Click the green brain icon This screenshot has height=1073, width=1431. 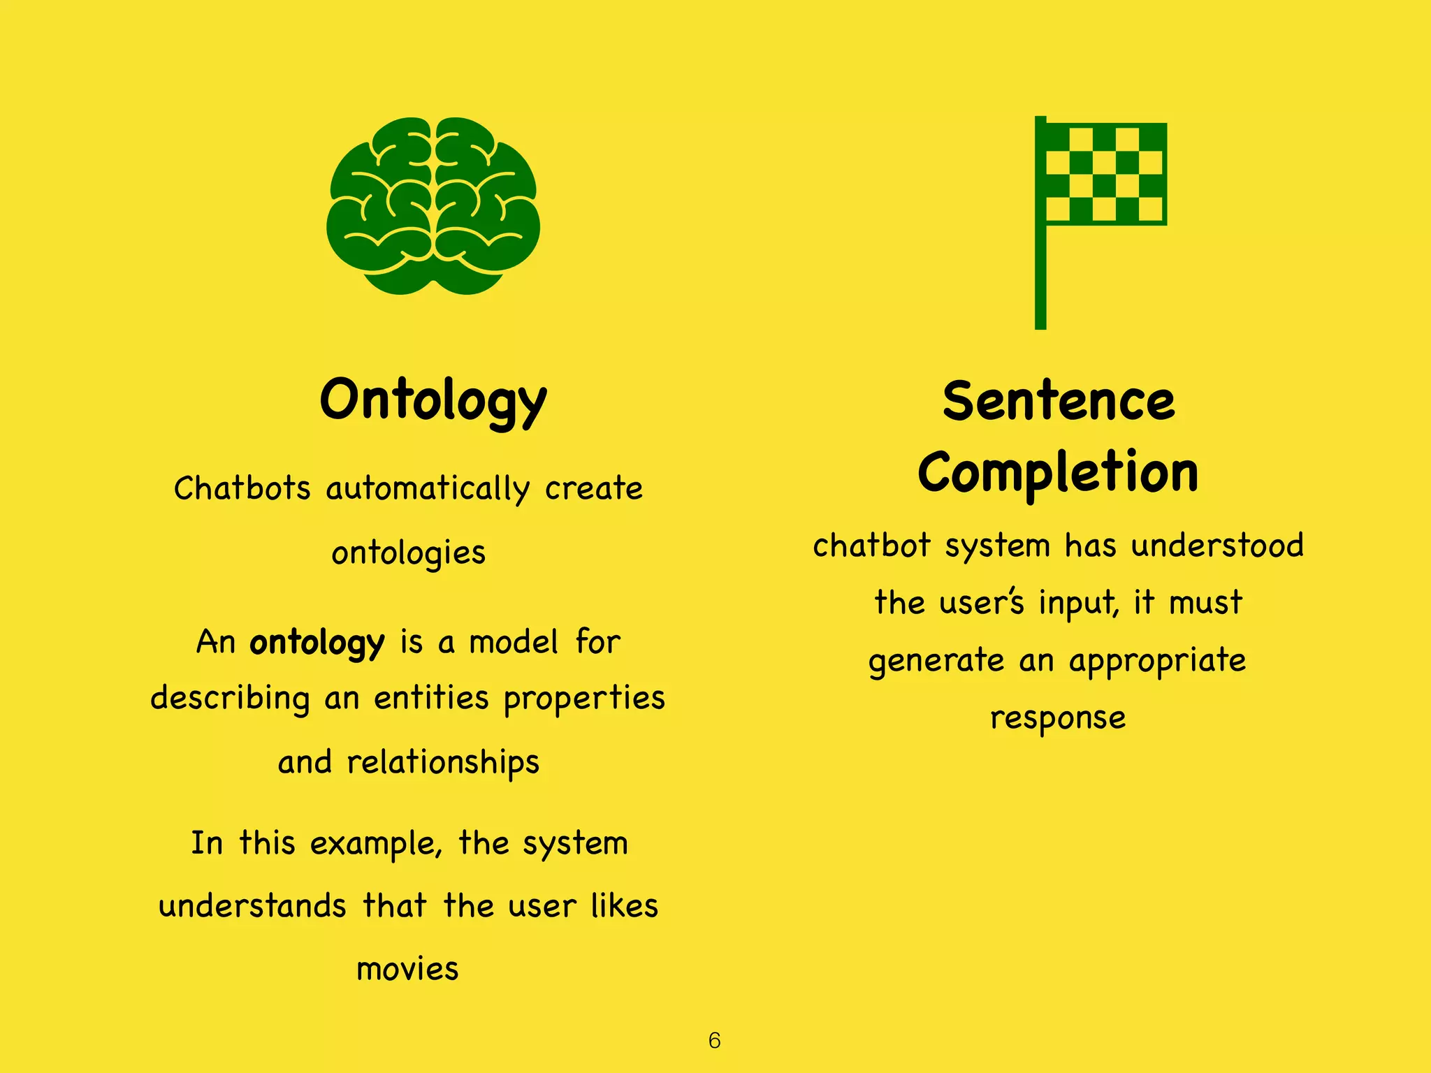tap(433, 206)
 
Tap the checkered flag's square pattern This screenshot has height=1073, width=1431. tap(1105, 173)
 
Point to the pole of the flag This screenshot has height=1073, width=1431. tap(1040, 279)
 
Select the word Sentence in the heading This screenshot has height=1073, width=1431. tap(1059, 402)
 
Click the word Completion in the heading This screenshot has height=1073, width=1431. tap(1059, 473)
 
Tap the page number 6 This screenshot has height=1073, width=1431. tap(714, 1040)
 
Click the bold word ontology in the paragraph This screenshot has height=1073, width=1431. tap(317, 643)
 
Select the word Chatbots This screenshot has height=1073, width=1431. tap(242, 488)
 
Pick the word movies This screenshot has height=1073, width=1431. tap(407, 970)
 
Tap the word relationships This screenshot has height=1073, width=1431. tap(443, 762)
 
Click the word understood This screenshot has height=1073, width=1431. tap(1217, 546)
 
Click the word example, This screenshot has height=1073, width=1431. tap(376, 844)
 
